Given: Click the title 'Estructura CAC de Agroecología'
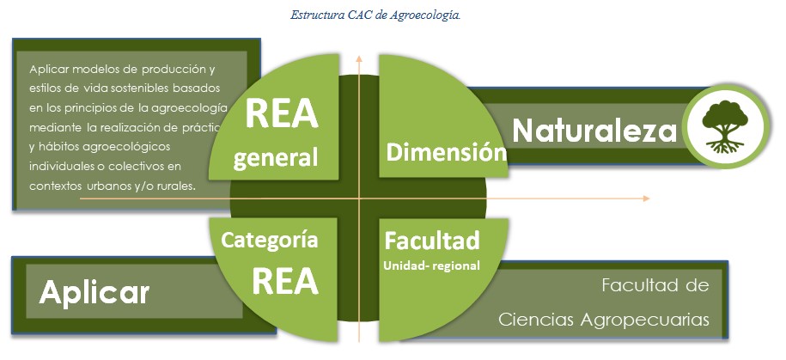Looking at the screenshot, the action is pyautogui.click(x=375, y=15).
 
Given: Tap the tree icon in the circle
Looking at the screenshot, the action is pyautogui.click(x=725, y=126).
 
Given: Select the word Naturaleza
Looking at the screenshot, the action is pyautogui.click(x=594, y=131).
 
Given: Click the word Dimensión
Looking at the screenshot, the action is pyautogui.click(x=446, y=151).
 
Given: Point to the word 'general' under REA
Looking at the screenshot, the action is pyautogui.click(x=277, y=158).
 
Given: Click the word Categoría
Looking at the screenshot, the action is pyautogui.click(x=270, y=241).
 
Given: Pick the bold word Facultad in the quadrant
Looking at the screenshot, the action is pyautogui.click(x=432, y=241).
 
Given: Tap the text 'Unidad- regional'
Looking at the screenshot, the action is pyautogui.click(x=431, y=265).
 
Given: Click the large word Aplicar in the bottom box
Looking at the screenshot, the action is pyautogui.click(x=94, y=293).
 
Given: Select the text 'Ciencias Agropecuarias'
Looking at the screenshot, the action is pyautogui.click(x=604, y=320).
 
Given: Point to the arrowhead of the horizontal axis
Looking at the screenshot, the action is pyautogui.click(x=646, y=198).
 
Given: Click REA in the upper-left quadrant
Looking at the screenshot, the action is pyautogui.click(x=282, y=114).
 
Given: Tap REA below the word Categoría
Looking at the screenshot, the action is pyautogui.click(x=285, y=281).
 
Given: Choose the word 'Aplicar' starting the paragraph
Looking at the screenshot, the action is pyautogui.click(x=47, y=70).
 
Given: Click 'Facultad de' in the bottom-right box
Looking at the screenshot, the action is pyautogui.click(x=655, y=285).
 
